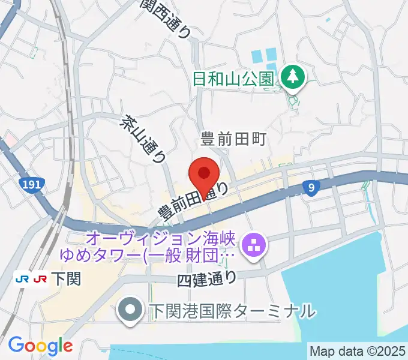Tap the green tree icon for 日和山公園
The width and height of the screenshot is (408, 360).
pyautogui.click(x=293, y=77)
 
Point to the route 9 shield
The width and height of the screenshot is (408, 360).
pyautogui.click(x=310, y=188)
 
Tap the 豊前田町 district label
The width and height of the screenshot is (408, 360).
pyautogui.click(x=233, y=140)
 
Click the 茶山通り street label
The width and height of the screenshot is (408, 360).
pyautogui.click(x=144, y=139)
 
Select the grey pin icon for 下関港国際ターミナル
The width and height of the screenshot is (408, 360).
pyautogui.click(x=129, y=311)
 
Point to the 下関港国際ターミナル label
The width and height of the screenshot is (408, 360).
pyautogui.click(x=232, y=311)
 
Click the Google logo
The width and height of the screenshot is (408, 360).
pyautogui.click(x=40, y=346)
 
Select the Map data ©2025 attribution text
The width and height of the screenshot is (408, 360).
pyautogui.click(x=356, y=350)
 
